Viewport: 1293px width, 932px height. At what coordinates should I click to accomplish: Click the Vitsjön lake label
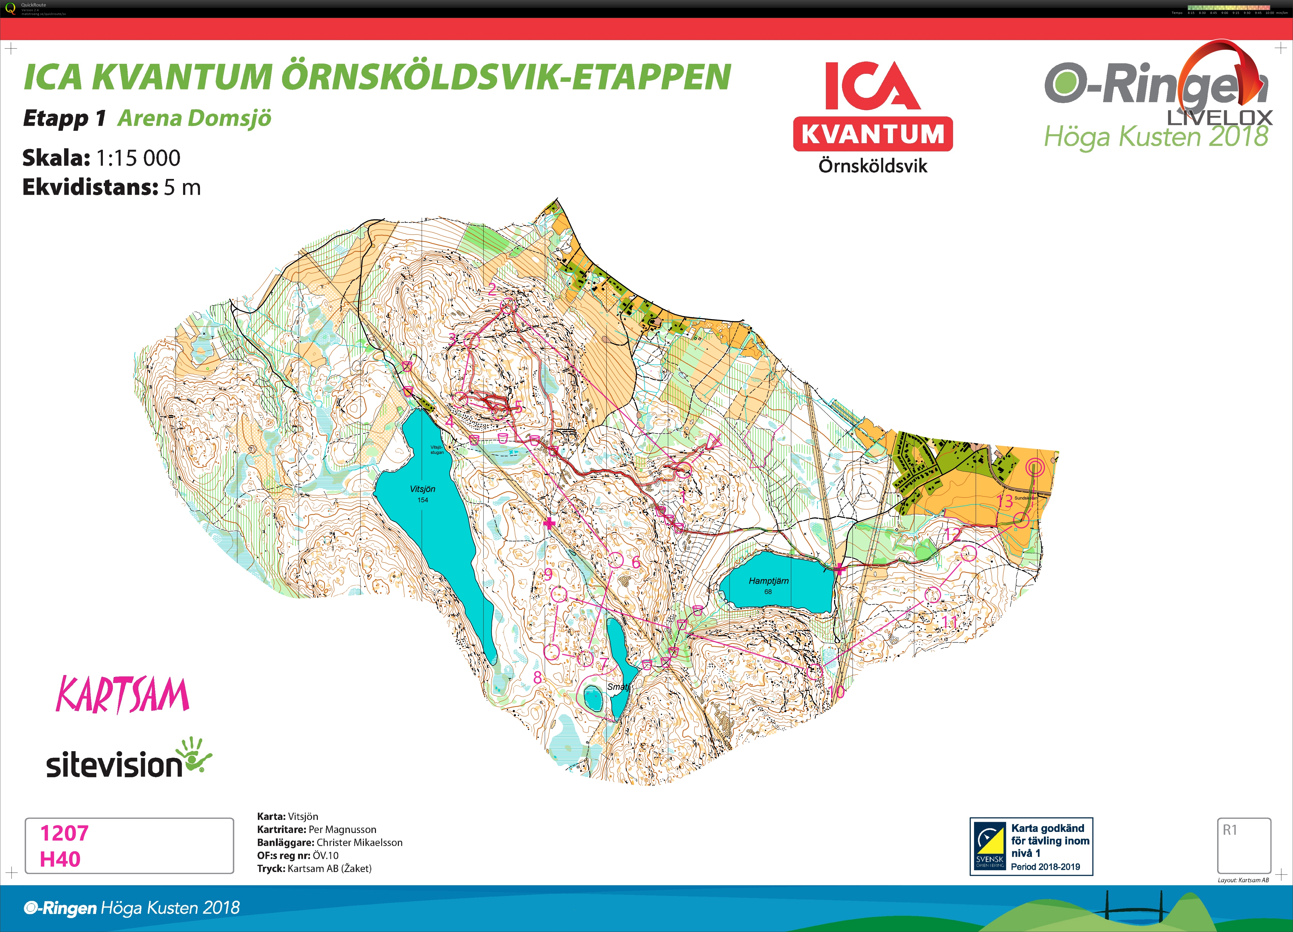[422, 489]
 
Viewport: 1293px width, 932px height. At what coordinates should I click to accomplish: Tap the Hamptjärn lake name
[769, 581]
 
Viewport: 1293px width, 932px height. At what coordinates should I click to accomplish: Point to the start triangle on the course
[713, 441]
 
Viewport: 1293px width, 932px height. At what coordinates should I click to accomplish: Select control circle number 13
[1021, 520]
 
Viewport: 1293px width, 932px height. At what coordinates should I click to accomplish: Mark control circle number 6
[615, 560]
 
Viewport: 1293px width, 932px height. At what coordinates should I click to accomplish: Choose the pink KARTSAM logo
[122, 695]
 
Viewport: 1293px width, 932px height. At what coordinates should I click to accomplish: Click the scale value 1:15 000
[138, 158]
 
